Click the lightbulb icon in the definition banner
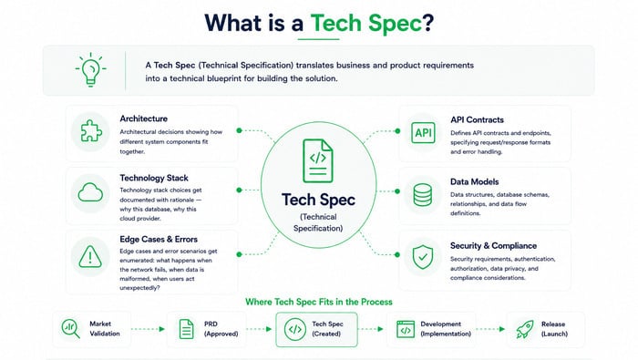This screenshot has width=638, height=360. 91,69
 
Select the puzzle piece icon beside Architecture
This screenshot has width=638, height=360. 91,131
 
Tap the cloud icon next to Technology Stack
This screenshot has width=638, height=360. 90,193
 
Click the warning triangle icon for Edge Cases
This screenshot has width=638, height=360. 90,257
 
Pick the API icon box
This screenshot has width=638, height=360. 423,133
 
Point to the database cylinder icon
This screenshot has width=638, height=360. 423,195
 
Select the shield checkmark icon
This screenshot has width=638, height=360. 423,257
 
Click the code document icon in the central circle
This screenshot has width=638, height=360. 318,161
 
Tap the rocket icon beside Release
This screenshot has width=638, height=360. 525,329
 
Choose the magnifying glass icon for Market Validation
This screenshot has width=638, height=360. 70,328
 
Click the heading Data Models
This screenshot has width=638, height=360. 475,182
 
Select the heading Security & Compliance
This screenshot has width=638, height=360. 493,246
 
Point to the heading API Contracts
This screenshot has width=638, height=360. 477,119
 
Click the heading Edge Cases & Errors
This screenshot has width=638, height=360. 159,239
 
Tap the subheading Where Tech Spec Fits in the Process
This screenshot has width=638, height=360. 319,302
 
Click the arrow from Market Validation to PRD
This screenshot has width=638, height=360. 148,329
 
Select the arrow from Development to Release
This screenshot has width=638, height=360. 490,329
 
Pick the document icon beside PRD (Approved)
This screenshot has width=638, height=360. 186,329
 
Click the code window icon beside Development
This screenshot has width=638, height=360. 406,329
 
